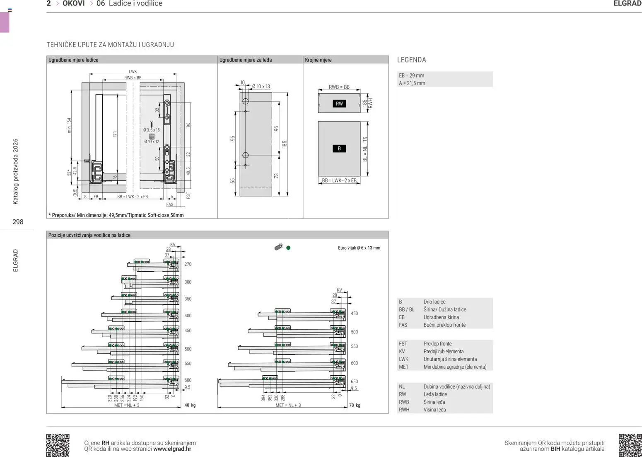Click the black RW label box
[339, 104]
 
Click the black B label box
[339, 148]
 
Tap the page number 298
[18, 222]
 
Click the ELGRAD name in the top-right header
[627, 4]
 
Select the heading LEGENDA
[411, 60]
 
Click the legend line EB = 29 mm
[411, 75]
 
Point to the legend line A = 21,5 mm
[412, 83]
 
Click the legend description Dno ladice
[434, 302]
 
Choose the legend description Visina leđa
[434, 410]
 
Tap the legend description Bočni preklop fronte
[444, 325]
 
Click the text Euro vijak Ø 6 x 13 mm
[359, 248]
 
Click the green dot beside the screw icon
[288, 248]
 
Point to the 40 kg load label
[190, 405]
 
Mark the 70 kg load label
[354, 405]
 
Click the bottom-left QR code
[58, 445]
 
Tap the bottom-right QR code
[630, 445]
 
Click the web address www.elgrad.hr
[172, 449]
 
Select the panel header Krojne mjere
[318, 60]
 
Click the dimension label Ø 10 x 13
[261, 87]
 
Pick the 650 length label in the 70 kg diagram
[354, 382]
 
